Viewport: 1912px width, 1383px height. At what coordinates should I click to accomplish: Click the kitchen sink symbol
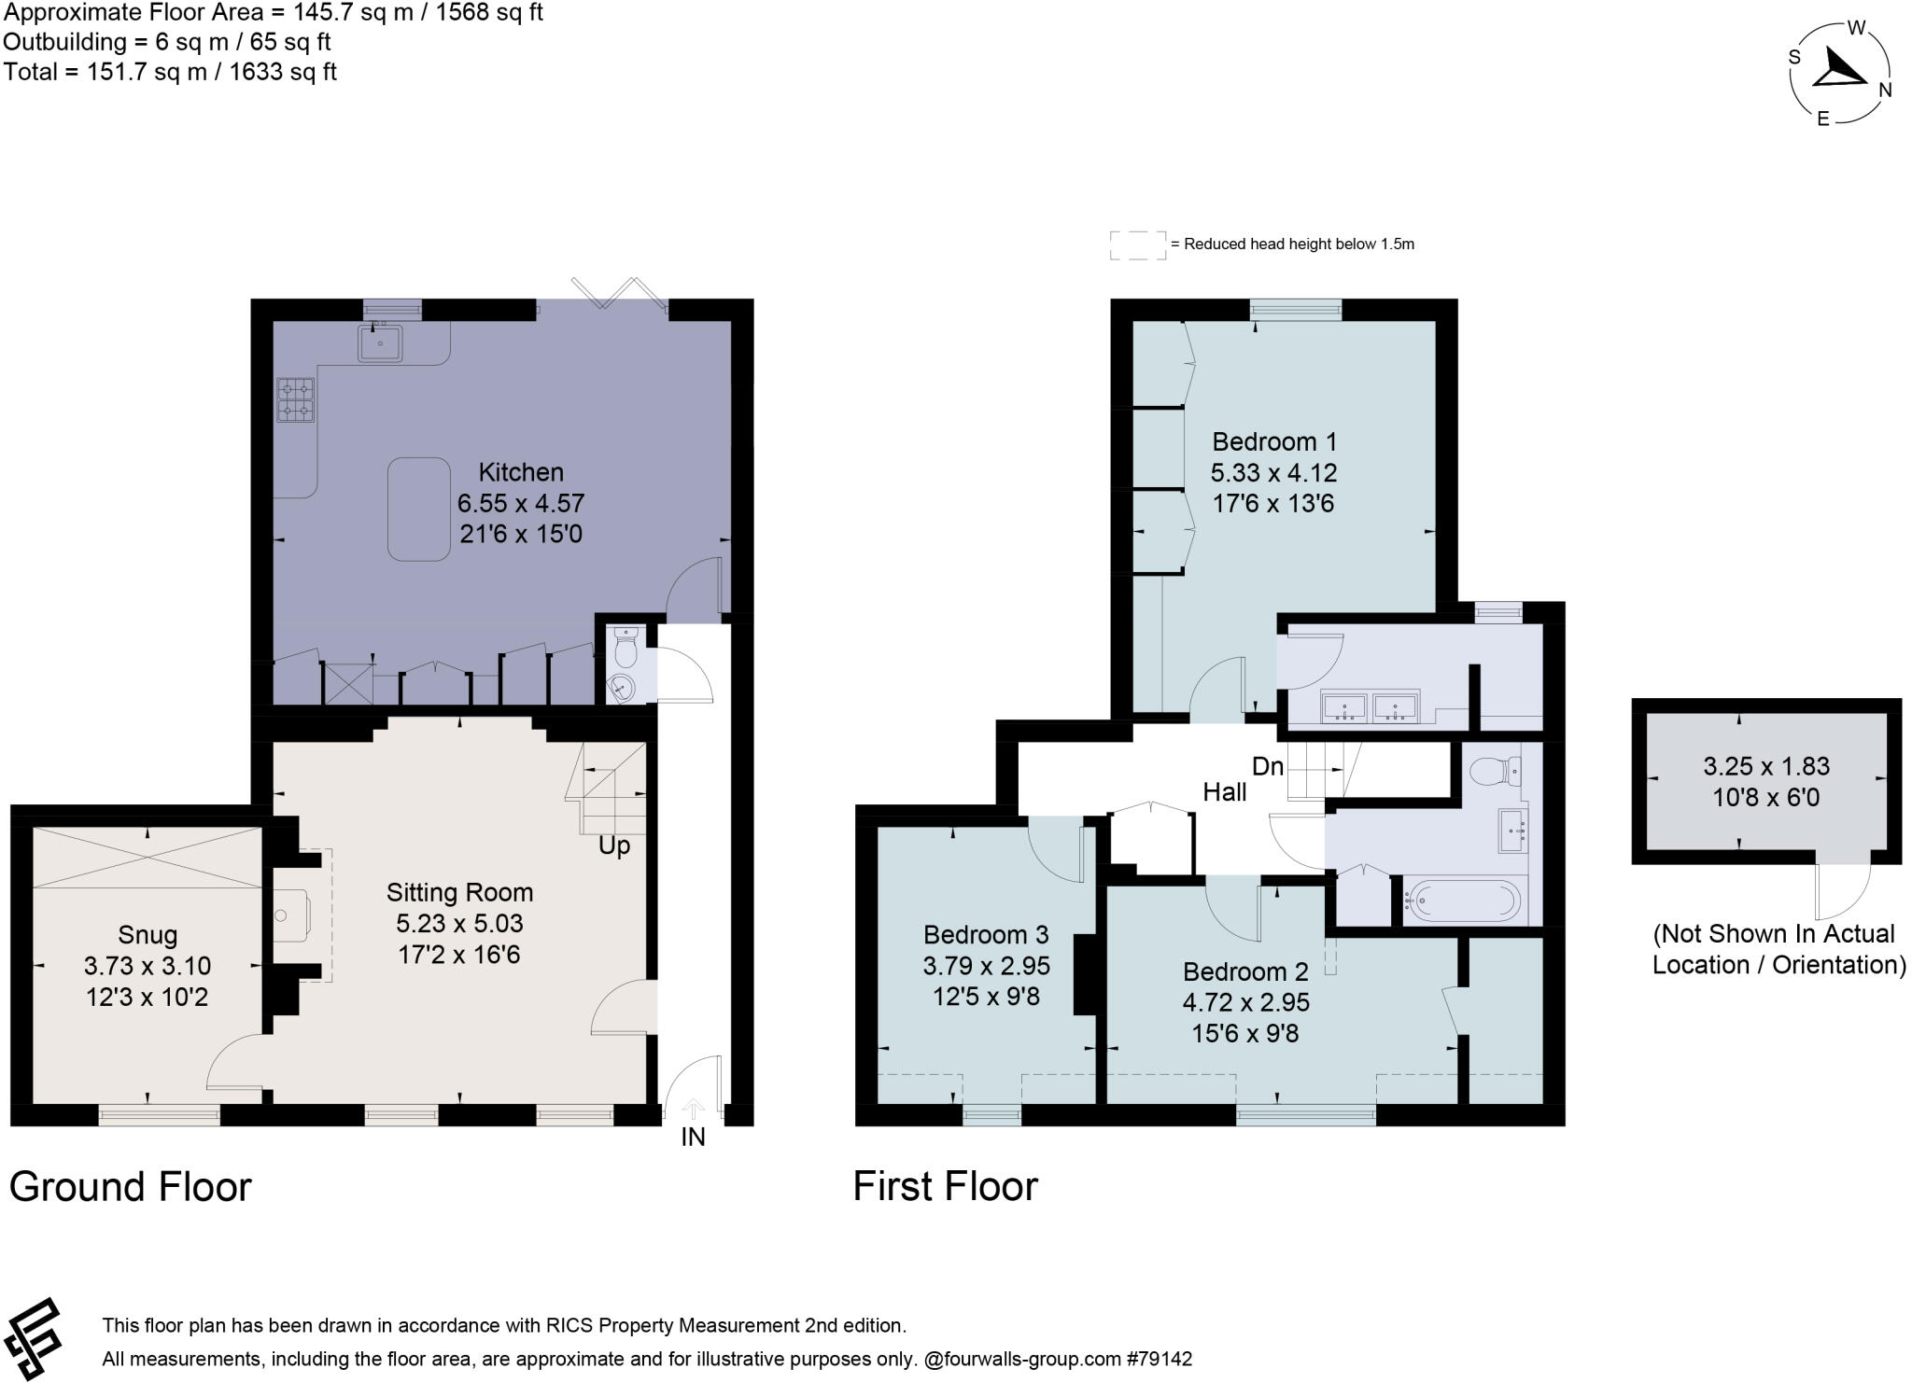point(380,342)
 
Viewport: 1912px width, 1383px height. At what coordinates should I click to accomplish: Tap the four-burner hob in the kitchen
point(296,399)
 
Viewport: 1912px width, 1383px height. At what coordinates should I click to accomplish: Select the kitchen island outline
point(419,509)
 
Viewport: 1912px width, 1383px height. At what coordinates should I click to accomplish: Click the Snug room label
point(148,934)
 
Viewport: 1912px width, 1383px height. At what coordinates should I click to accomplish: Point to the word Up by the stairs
point(614,845)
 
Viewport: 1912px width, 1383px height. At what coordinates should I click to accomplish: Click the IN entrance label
point(693,1137)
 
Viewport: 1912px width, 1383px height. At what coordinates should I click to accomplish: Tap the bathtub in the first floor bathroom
point(1462,901)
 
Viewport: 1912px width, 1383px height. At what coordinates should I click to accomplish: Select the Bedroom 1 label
point(1274,441)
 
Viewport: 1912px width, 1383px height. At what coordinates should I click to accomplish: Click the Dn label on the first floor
point(1268,767)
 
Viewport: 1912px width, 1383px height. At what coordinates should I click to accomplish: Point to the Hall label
point(1224,792)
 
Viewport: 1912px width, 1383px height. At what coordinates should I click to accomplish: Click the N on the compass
point(1885,91)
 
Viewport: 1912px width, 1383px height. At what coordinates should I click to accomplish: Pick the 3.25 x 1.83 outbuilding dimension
point(1766,766)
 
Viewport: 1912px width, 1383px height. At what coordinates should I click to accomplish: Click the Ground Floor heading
point(131,1187)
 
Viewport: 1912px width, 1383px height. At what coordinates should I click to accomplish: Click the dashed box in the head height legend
point(1137,244)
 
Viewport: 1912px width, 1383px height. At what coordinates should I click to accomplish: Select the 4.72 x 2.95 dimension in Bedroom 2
point(1245,1002)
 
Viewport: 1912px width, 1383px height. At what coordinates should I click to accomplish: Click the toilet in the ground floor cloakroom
point(626,645)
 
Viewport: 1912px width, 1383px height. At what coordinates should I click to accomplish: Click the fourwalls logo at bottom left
point(33,1338)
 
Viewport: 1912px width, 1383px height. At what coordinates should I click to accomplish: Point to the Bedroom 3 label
point(986,934)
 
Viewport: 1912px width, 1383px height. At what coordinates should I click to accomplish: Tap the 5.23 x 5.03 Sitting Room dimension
point(459,923)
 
